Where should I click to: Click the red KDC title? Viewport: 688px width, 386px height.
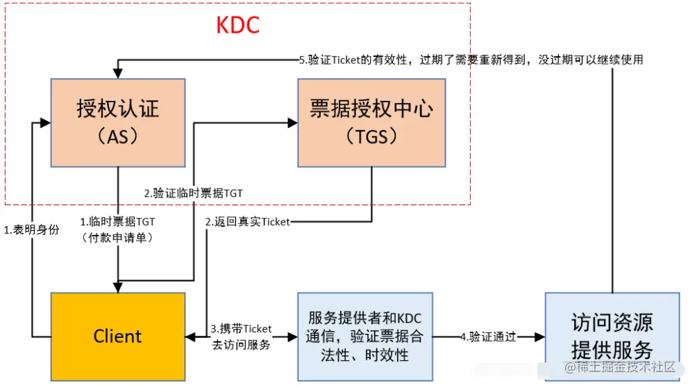[237, 26]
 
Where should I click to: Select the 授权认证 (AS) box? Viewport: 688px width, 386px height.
[117, 122]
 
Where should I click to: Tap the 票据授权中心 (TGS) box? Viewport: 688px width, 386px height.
[371, 122]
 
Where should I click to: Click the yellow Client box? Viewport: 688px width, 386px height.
[117, 337]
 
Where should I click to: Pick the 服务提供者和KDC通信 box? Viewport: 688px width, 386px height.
[365, 337]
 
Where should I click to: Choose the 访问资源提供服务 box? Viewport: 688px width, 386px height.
[612, 337]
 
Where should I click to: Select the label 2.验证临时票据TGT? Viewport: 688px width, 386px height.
[193, 193]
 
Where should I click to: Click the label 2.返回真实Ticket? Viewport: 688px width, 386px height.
[246, 222]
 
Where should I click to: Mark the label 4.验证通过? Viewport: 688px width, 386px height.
[488, 337]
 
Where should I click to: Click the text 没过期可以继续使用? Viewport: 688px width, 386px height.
[590, 60]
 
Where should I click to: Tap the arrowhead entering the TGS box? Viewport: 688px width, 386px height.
[292, 122]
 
